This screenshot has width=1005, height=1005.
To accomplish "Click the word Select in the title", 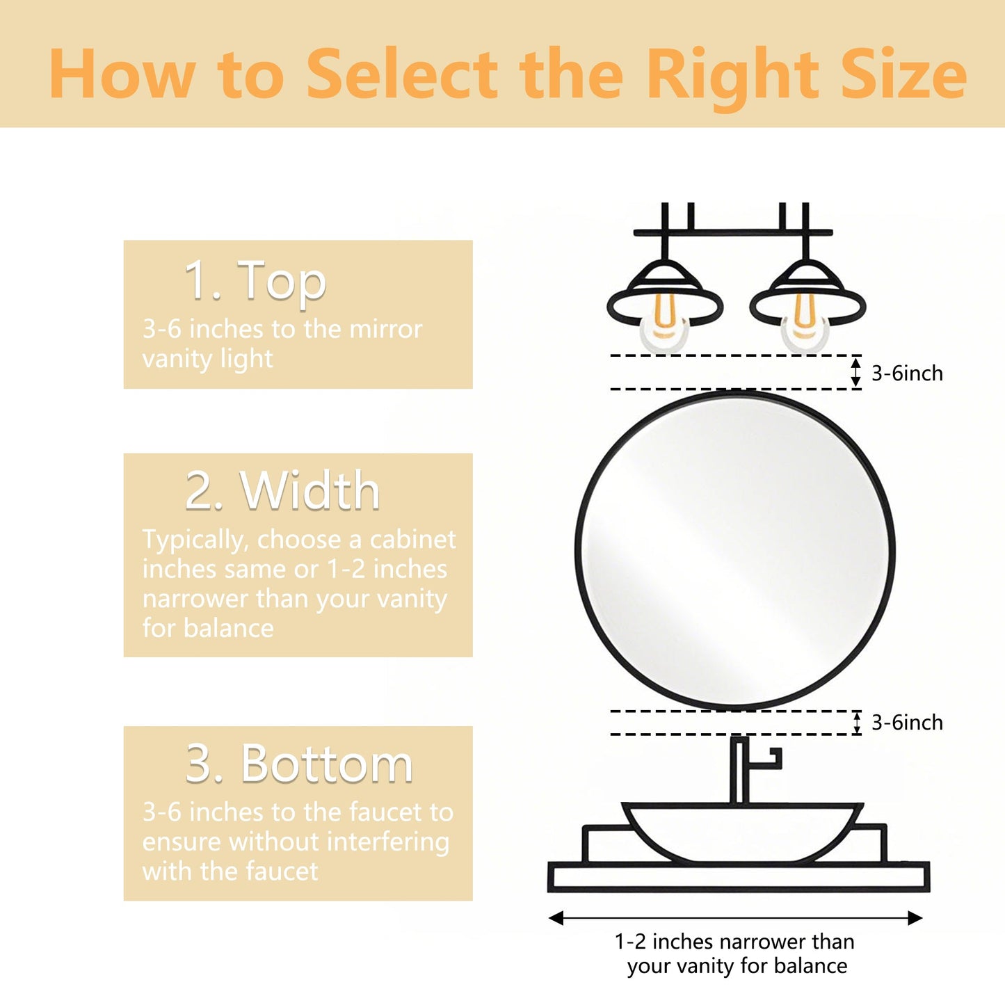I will point(402,75).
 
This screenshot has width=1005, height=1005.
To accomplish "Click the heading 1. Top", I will point(255,280).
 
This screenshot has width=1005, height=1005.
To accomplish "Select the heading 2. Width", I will point(282,491).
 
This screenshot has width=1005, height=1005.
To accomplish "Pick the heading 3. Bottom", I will point(299,764).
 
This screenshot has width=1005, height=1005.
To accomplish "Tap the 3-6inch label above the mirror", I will point(907,373).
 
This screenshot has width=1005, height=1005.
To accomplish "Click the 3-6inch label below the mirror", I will point(907,723).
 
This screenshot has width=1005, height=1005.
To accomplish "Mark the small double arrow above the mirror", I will point(856,372).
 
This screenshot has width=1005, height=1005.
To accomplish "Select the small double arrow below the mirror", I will point(857,723).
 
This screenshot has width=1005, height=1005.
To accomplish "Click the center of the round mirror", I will point(735,550).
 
